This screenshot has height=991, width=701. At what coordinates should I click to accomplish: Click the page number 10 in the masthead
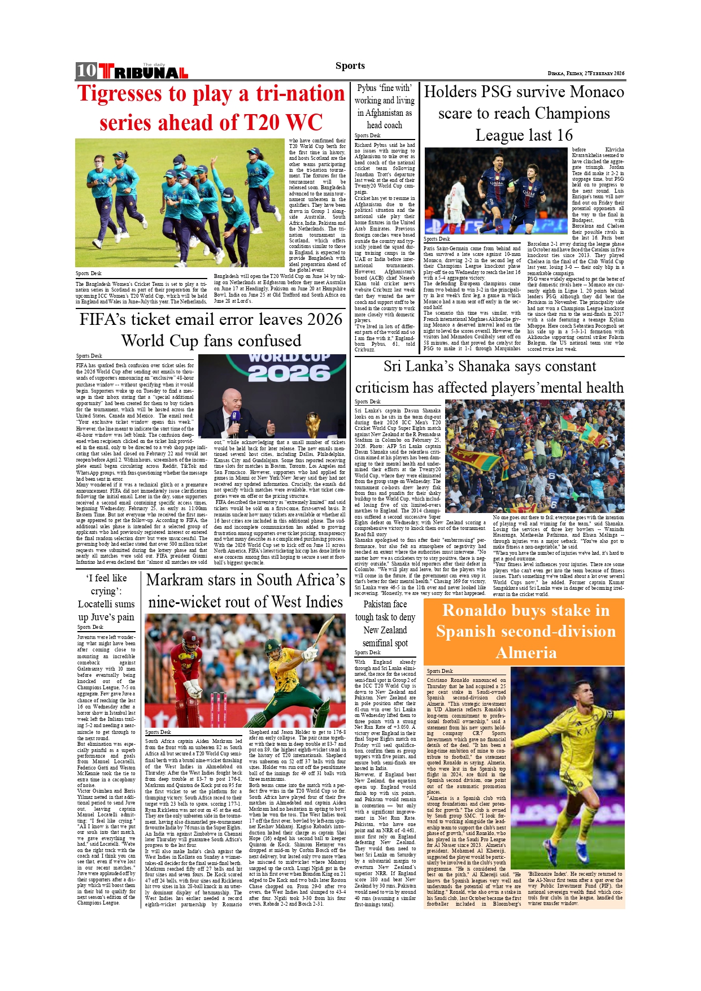(86, 71)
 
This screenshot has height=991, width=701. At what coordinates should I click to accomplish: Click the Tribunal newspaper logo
(143, 72)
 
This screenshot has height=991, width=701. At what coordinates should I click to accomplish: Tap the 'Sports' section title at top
(350, 66)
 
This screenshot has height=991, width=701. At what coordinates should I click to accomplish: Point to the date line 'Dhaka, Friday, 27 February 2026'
(586, 73)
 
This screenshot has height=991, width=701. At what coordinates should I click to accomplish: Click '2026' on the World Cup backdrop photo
(289, 373)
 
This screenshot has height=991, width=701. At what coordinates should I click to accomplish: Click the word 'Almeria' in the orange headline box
(526, 653)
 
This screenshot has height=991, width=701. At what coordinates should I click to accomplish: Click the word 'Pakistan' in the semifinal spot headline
(377, 604)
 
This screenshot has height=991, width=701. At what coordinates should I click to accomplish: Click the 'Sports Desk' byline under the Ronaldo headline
(439, 671)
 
